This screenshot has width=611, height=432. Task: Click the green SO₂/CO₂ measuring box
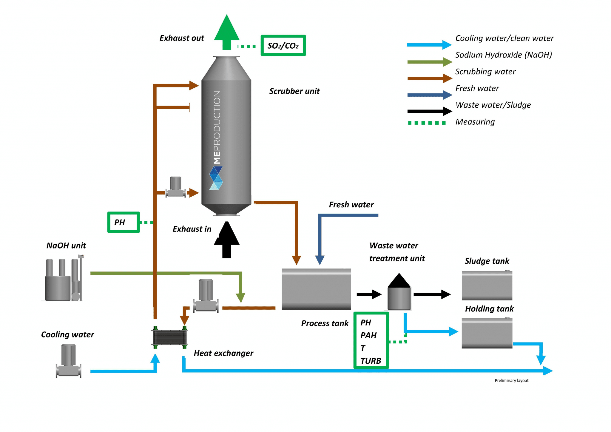283,45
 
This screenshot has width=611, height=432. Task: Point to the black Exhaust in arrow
227,240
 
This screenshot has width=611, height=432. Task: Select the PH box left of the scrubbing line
124,222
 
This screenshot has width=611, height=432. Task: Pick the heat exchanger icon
169,337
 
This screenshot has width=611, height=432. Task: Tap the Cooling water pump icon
68,361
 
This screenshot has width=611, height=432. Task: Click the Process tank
316,289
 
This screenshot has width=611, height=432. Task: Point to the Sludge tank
487,285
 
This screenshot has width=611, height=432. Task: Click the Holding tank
487,333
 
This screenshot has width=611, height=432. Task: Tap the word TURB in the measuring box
371,361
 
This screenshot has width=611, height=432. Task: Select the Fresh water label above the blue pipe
351,205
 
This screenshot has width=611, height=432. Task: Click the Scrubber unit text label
294,91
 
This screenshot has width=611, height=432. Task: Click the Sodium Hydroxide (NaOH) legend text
503,55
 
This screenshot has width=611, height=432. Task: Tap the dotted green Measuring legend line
427,123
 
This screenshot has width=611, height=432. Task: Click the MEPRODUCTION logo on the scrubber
217,140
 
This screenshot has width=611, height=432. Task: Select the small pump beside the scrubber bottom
175,187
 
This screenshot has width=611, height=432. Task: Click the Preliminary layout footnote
511,380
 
